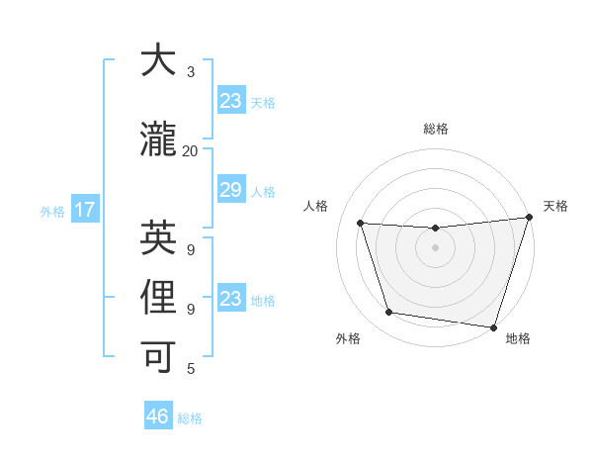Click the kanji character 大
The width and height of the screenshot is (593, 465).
(x=158, y=60)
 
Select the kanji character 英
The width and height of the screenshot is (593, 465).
(x=158, y=237)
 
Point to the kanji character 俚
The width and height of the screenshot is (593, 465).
(x=158, y=298)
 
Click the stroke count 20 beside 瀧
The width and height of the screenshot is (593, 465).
(x=190, y=151)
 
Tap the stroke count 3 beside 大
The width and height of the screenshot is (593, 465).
(x=191, y=72)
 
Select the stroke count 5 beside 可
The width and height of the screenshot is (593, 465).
(x=191, y=369)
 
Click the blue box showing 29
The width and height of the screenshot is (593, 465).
(x=230, y=191)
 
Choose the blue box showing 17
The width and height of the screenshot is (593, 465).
(x=84, y=210)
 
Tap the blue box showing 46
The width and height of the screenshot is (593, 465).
(x=158, y=417)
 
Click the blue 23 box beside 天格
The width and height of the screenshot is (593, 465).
(x=230, y=101)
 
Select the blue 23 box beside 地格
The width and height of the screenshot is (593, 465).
(x=230, y=299)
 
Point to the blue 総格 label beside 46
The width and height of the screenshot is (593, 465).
(x=190, y=418)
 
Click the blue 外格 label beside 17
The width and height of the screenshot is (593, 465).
(x=52, y=211)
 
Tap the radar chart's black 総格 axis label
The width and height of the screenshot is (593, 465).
(x=435, y=129)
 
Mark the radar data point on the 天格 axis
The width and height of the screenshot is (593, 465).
(x=529, y=219)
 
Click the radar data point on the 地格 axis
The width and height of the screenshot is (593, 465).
(x=493, y=325)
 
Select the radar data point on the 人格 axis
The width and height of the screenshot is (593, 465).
(x=361, y=224)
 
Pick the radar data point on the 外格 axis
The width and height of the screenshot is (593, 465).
(x=389, y=313)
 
